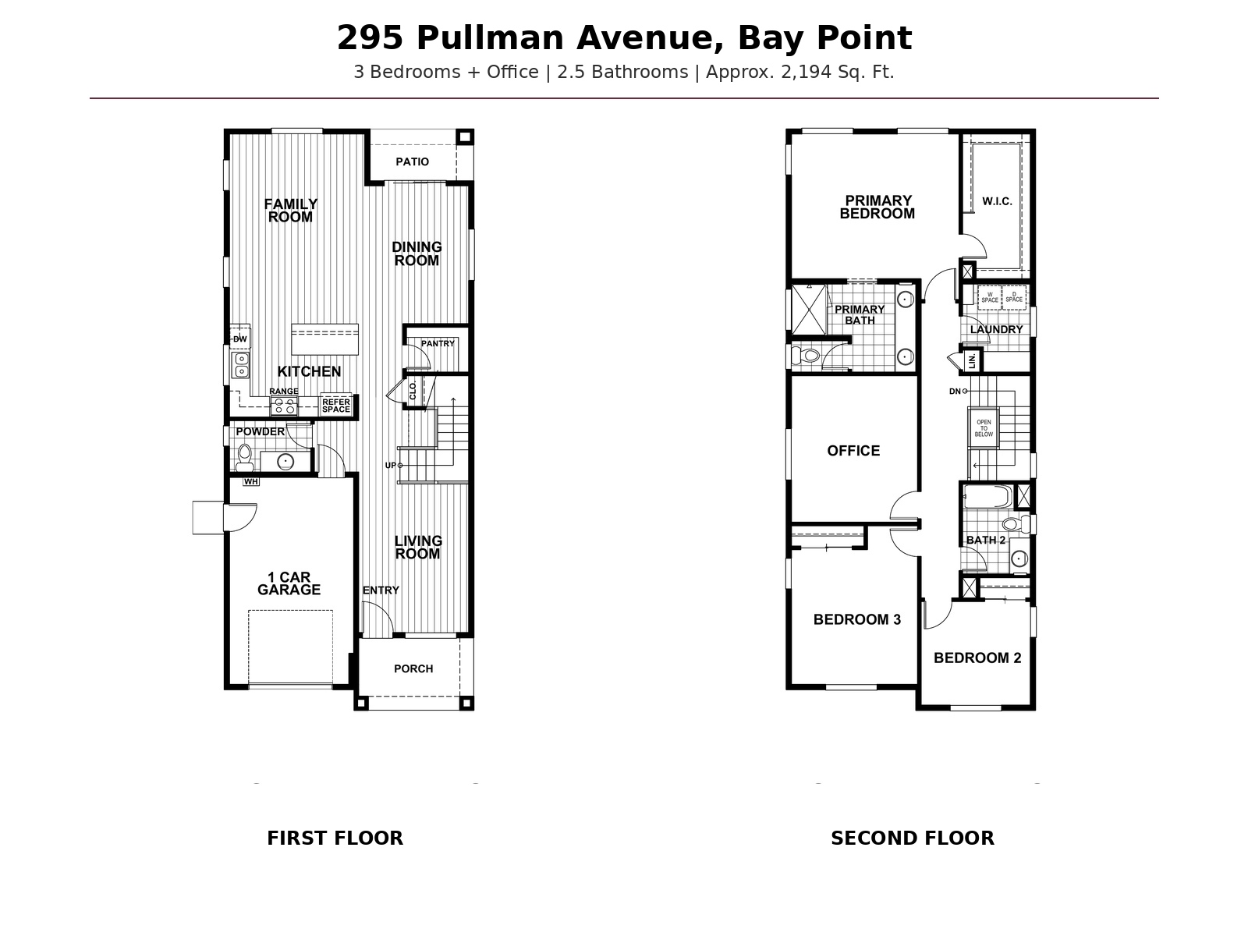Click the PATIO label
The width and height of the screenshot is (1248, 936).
pyautogui.click(x=412, y=162)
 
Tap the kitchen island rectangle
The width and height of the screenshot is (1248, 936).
pyautogui.click(x=324, y=339)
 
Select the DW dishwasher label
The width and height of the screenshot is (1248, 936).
pyautogui.click(x=240, y=339)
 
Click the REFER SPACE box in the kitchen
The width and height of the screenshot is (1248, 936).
pyautogui.click(x=336, y=405)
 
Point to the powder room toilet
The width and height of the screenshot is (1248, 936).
pyautogui.click(x=244, y=458)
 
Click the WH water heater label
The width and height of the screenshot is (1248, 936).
pyautogui.click(x=250, y=482)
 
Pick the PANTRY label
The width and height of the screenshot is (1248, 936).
pyautogui.click(x=438, y=343)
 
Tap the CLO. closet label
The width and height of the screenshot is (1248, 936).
pyautogui.click(x=413, y=391)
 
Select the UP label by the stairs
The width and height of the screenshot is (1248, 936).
pyautogui.click(x=391, y=466)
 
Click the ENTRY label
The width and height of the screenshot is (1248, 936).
pyautogui.click(x=381, y=590)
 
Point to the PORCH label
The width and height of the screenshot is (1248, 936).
pyautogui.click(x=413, y=669)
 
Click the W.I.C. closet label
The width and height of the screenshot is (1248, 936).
pyautogui.click(x=998, y=201)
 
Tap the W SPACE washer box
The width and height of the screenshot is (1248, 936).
pyautogui.click(x=989, y=298)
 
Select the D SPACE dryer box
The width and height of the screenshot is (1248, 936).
pyautogui.click(x=1014, y=298)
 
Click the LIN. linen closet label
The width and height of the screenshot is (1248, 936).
pyautogui.click(x=972, y=361)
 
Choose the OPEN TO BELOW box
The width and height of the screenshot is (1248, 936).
pyautogui.click(x=984, y=428)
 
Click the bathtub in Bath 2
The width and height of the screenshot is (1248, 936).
pyautogui.click(x=987, y=496)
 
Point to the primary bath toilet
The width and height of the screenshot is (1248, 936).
pyautogui.click(x=807, y=356)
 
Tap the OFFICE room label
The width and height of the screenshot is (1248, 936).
pyautogui.click(x=853, y=451)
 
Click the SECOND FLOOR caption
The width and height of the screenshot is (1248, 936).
pyautogui.click(x=913, y=838)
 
